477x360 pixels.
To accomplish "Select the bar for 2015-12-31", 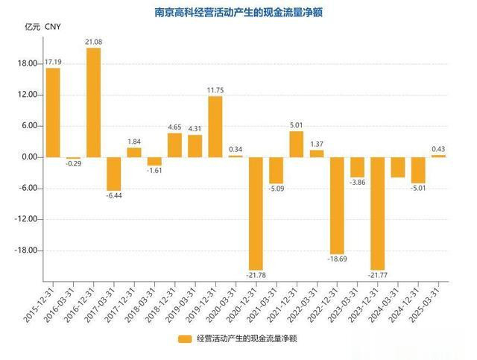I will (x=53, y=113).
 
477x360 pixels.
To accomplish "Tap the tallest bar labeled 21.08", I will (x=94, y=102).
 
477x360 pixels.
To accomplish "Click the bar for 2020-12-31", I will (x=256, y=213).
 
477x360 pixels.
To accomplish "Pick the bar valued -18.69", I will (x=337, y=205).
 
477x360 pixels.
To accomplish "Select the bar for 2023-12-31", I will (x=377, y=213).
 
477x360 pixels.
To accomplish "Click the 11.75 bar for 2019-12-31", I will (x=215, y=127).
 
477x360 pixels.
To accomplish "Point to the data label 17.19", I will (x=53, y=61).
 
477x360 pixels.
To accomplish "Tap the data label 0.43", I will (x=438, y=148).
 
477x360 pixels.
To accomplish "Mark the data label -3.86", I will (x=358, y=183).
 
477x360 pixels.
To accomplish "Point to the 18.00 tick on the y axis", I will (x=28, y=63).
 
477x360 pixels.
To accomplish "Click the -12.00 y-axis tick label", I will (x=26, y=220).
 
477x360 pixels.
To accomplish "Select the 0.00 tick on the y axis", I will (x=29, y=157).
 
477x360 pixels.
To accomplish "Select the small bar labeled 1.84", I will (x=134, y=152).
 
